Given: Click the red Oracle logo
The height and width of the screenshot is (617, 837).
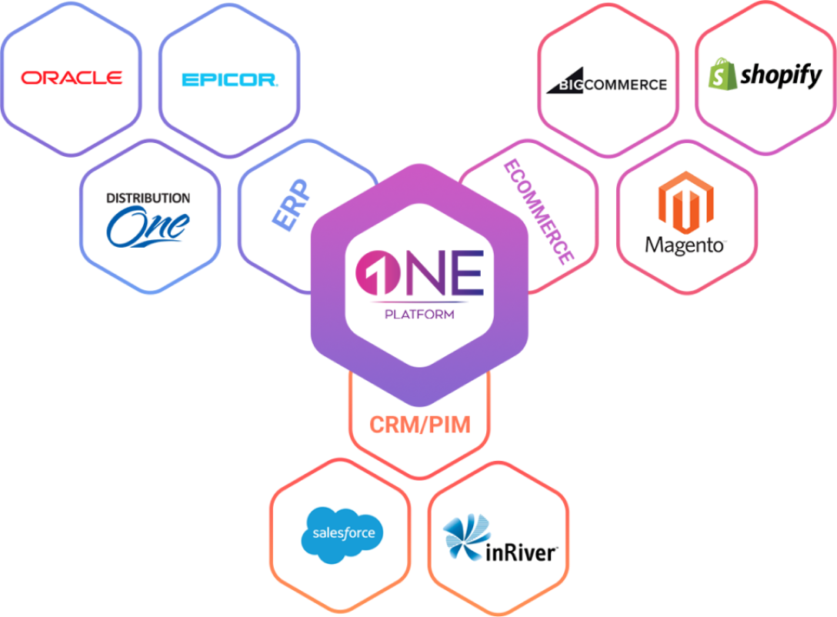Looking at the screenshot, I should [x=72, y=78].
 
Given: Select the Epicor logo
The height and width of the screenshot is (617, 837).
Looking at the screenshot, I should [x=229, y=79].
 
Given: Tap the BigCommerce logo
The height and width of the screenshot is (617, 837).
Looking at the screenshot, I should [x=606, y=83].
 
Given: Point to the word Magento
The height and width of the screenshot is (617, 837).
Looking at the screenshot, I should [x=685, y=245].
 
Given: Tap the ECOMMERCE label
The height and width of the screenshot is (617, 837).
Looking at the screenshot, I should [x=538, y=212].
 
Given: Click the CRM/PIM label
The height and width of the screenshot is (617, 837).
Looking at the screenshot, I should [x=419, y=425].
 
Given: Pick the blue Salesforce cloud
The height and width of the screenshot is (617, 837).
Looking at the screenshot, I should [x=342, y=531].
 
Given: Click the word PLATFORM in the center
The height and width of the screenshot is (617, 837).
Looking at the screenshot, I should [x=420, y=314].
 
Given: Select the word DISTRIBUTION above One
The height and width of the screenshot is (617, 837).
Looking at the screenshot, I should [x=148, y=198].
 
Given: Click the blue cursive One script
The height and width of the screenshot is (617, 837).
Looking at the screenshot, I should [x=148, y=225].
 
